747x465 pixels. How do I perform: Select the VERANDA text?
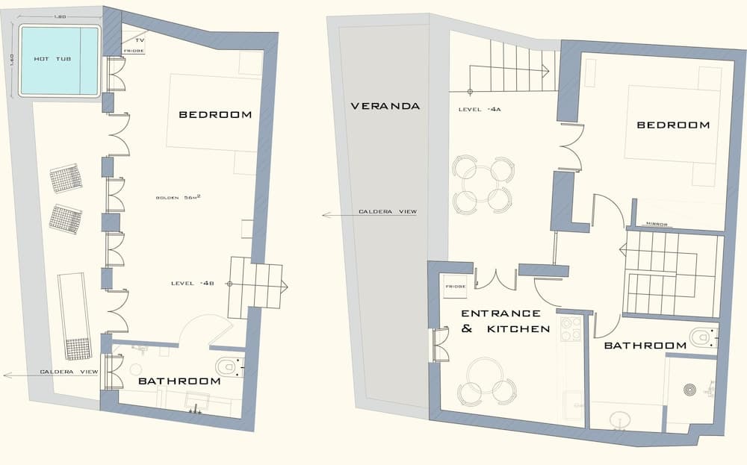pyautogui.click(x=385, y=106)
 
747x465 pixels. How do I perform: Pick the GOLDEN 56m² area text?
pyautogui.click(x=181, y=198)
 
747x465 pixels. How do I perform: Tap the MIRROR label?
pyautogui.click(x=657, y=224)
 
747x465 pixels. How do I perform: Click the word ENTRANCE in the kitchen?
pyautogui.click(x=500, y=313)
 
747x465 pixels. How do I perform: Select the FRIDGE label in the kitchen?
pyautogui.click(x=456, y=286)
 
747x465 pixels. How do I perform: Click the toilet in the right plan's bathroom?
pyautogui.click(x=701, y=337)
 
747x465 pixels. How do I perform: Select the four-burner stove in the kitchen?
pyautogui.click(x=571, y=329)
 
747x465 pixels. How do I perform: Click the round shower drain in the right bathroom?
pyautogui.click(x=691, y=390)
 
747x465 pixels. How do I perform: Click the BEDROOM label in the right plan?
pyautogui.click(x=673, y=125)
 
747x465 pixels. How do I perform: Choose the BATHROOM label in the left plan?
pyautogui.click(x=180, y=381)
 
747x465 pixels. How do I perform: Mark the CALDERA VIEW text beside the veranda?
pyautogui.click(x=386, y=213)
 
